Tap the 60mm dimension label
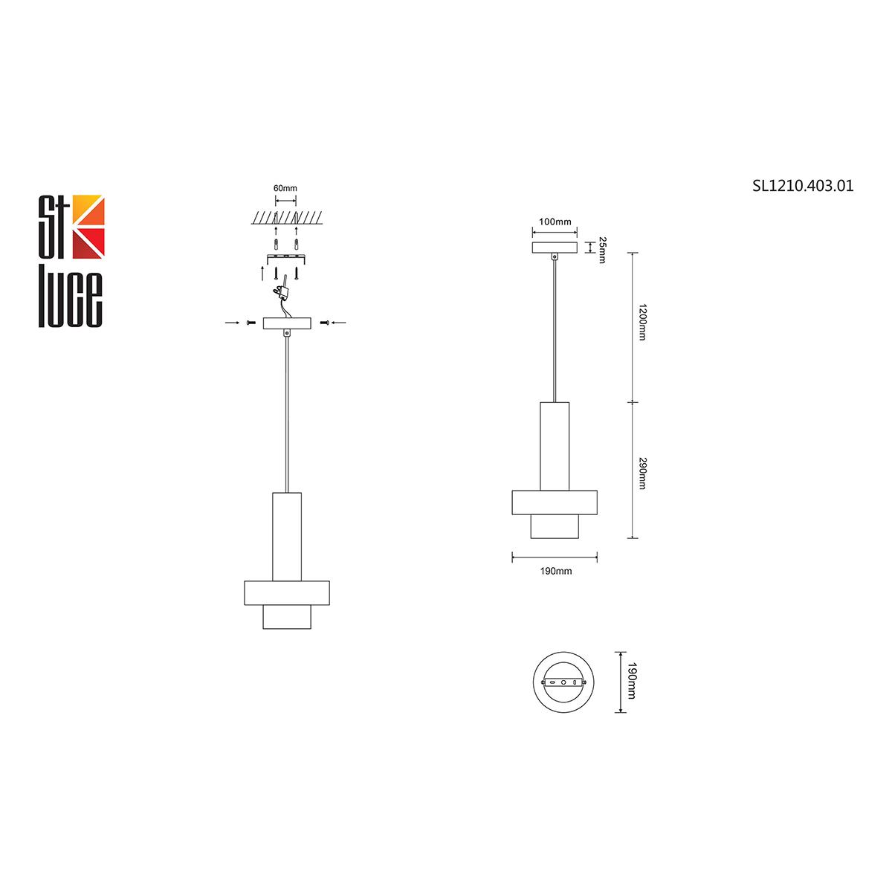click(285, 189)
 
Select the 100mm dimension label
click(555, 222)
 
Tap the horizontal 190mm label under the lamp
click(555, 571)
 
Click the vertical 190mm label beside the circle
click(632, 682)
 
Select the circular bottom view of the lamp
click(563, 682)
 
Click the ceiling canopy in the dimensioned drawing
click(555, 248)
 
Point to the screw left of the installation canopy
click(251, 323)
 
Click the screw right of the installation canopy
click(323, 323)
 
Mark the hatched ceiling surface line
click(286, 219)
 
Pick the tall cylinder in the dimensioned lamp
click(555, 446)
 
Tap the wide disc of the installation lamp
click(287, 592)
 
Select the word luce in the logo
click(71, 294)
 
